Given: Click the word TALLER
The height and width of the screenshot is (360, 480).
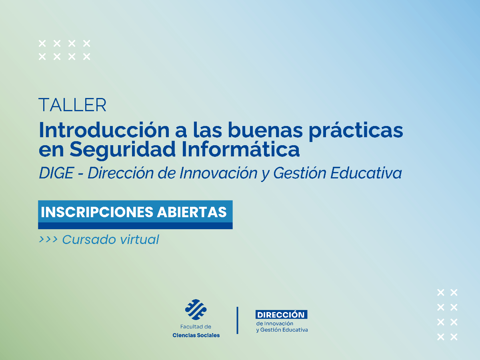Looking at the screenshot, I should (72, 105).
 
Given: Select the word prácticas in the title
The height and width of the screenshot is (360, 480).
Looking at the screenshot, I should (356, 131).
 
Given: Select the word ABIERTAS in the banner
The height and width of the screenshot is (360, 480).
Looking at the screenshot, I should (192, 212).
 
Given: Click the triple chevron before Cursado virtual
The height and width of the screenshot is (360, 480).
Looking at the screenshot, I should (48, 240).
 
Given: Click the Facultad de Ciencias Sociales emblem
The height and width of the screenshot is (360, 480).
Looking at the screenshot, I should (196, 309).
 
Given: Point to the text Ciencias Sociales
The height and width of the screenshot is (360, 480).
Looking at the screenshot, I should (196, 335).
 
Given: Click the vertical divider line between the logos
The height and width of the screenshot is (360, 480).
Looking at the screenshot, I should (238, 320).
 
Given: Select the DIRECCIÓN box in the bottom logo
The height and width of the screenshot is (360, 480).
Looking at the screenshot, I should (281, 315).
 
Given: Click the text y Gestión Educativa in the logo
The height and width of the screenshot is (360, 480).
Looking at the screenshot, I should (282, 330).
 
